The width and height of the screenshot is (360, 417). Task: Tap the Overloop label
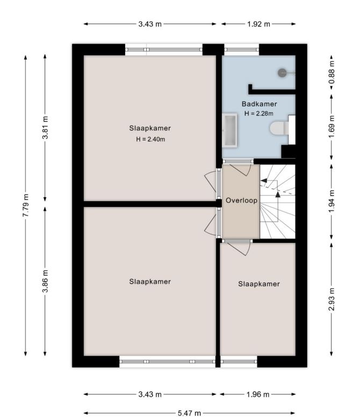241,200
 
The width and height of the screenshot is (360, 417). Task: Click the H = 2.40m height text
150,139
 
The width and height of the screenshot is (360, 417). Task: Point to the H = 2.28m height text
258,113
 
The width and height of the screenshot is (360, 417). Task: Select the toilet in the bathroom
279,128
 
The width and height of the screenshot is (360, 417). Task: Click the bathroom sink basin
230,130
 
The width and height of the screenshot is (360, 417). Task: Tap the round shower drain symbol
282,73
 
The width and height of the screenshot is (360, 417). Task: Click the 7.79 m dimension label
26,205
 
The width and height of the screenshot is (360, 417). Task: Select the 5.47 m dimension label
189,413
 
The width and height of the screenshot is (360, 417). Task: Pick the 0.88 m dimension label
332,73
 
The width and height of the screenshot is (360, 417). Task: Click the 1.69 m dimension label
332,127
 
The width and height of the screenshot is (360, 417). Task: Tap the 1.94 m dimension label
332,202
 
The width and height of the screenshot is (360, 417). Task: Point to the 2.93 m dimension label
332,299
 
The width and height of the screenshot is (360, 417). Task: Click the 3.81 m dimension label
45,127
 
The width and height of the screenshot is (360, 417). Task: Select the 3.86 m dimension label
45,281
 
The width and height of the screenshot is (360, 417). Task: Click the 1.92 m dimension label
258,24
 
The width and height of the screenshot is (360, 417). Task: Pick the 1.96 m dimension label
257,394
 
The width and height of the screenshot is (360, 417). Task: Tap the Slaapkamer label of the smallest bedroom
259,284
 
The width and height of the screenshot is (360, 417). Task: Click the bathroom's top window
242,49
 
